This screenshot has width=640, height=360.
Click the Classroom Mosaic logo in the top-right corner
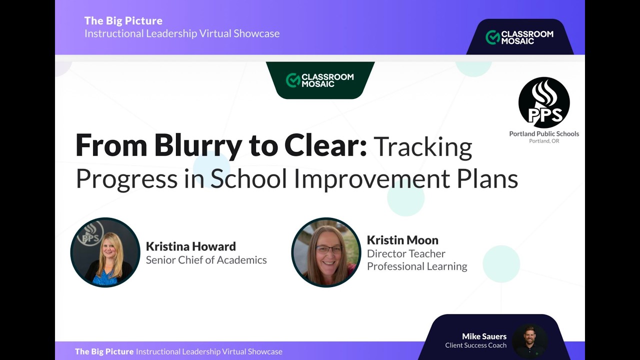click(519, 37)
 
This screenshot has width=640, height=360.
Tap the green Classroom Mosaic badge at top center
click(320, 80)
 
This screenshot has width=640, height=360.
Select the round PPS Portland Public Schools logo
click(544, 102)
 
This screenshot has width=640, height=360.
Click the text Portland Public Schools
click(544, 133)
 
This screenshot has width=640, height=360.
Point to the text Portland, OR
click(544, 141)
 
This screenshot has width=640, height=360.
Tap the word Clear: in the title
click(325, 146)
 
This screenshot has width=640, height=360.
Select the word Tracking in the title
click(422, 147)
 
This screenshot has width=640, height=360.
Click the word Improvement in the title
click(371, 179)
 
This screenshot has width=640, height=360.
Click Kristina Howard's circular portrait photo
click(105, 252)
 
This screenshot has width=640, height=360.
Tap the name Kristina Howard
click(190, 246)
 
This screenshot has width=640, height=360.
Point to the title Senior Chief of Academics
click(206, 260)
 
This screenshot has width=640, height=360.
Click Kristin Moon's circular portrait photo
click(326, 252)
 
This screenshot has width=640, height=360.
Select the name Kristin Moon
click(402, 240)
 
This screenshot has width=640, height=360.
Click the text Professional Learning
click(417, 266)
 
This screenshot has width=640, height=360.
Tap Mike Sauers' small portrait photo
click(529, 340)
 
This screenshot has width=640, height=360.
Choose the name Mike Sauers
click(484, 336)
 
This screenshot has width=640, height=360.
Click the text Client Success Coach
click(475, 345)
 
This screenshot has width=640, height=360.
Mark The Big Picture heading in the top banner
click(123, 20)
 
